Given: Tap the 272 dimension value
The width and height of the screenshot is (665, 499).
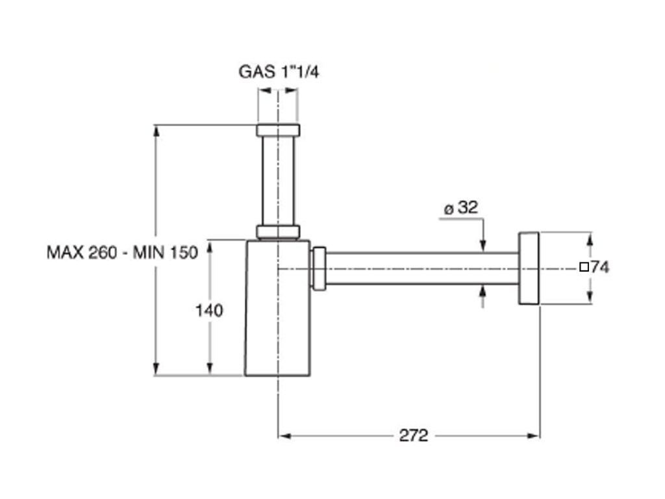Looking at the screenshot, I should click(x=413, y=435).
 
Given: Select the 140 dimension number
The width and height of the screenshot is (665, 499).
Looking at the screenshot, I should click(x=209, y=311).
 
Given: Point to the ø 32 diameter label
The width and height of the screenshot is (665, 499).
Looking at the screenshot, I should click(x=460, y=208).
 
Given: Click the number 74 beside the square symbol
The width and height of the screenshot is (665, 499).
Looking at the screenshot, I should click(x=600, y=266).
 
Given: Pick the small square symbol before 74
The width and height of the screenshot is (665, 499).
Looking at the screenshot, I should click(x=583, y=266).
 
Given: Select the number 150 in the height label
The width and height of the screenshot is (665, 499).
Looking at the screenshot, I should click(x=184, y=253).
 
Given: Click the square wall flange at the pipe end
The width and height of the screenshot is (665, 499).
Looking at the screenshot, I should click(x=529, y=267).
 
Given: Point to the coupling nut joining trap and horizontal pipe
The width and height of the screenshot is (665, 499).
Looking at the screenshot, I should click(x=319, y=268).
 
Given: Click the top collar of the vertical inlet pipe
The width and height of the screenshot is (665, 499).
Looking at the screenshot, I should click(x=278, y=129).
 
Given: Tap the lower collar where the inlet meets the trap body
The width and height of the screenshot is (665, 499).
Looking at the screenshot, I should click(x=278, y=231).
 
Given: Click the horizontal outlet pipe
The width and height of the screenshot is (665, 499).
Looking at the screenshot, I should click(x=422, y=268).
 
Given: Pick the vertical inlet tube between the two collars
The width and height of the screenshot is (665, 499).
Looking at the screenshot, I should click(x=278, y=180).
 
